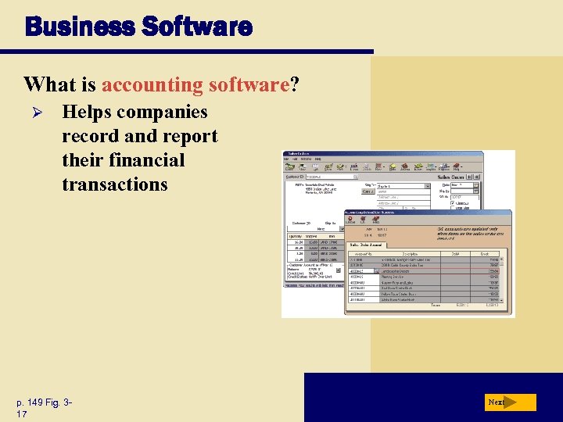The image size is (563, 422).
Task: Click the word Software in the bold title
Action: point(198,27)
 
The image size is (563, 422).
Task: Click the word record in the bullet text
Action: point(89,136)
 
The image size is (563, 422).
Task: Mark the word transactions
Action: point(115,184)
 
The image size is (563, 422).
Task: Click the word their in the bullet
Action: point(84,160)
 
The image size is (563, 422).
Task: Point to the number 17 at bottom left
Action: point(21,413)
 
